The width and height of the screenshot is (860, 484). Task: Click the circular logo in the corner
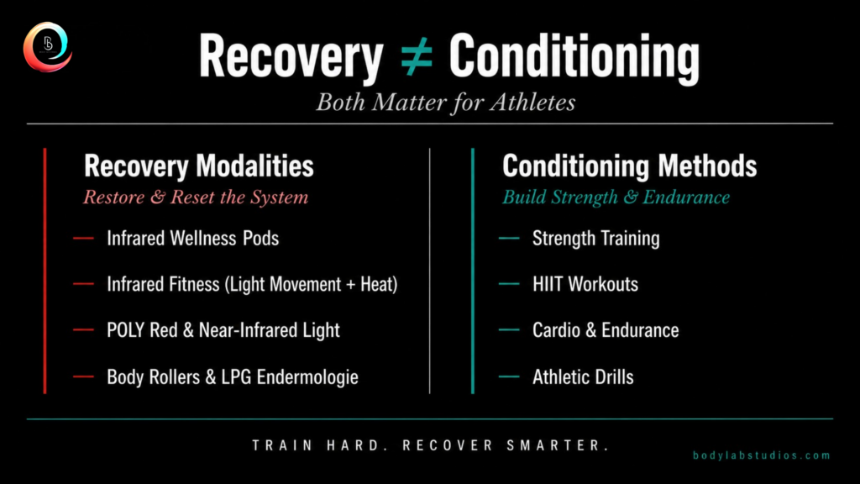48,47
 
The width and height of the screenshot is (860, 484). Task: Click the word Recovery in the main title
291,57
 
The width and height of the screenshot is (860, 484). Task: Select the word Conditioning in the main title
574,57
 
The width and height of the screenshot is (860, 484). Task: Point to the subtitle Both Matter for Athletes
445,103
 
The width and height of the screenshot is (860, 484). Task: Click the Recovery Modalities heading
198,166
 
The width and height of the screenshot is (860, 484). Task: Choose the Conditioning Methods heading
630,166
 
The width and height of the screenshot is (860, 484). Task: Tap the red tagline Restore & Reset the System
196,197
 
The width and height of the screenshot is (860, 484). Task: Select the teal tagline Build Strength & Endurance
616,197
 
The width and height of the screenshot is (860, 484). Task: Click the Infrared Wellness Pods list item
192,238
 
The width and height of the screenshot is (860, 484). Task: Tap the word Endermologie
307,377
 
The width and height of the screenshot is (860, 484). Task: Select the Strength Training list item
596,239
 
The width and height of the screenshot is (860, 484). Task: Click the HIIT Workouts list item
585,284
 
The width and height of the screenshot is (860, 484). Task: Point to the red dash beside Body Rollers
83,376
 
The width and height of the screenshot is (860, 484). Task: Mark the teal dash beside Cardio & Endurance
509,329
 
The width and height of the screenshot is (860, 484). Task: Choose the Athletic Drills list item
583,377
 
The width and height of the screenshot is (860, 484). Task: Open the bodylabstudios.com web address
761,455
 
